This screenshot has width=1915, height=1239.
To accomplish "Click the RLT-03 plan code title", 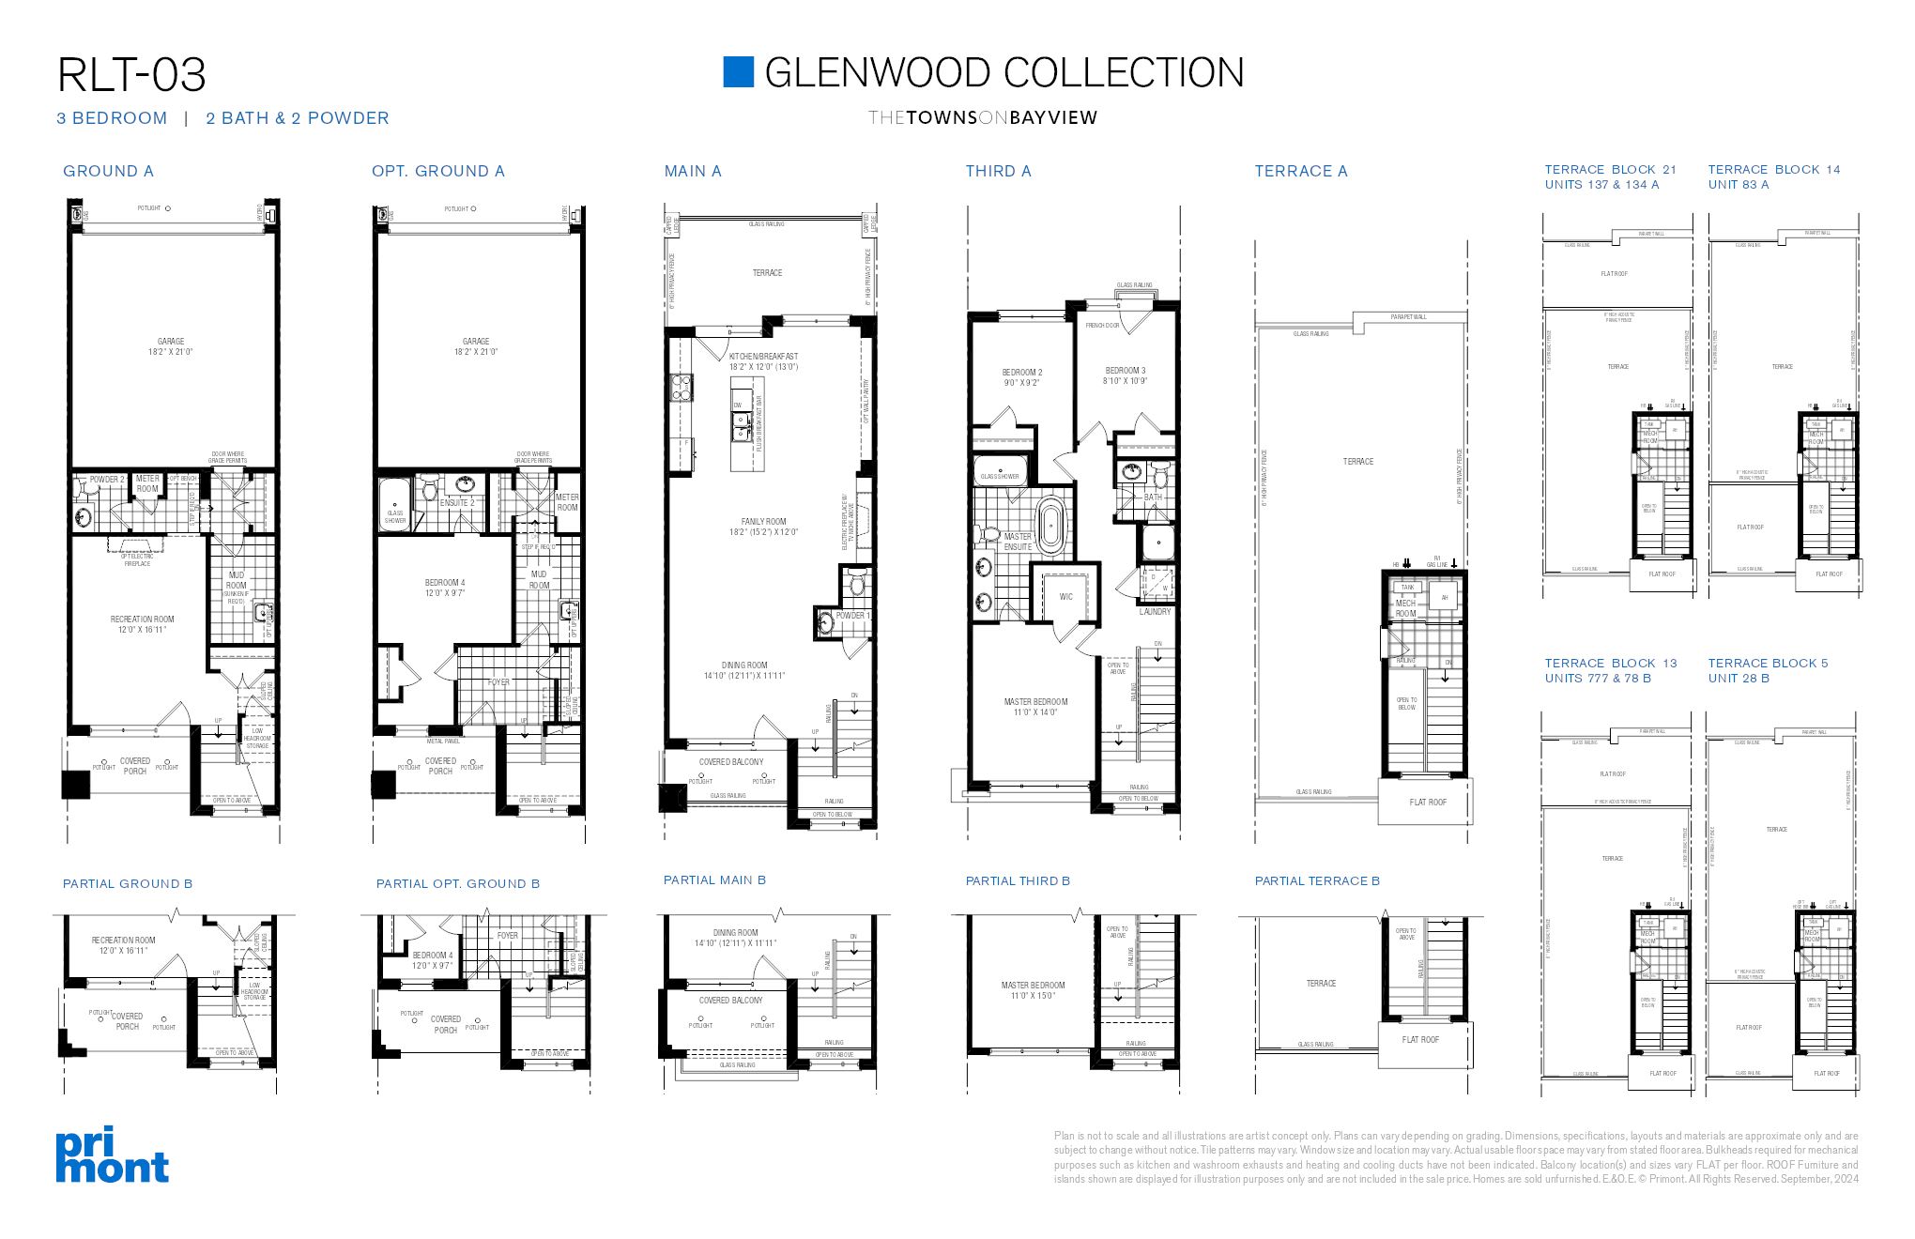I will click(131, 75).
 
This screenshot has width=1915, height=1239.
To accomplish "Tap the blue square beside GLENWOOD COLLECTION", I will click(738, 72).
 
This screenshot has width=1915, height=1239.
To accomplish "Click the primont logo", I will click(112, 1155).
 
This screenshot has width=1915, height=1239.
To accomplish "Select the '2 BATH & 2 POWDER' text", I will click(297, 118).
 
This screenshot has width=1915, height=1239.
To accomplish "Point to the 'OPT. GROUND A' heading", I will click(437, 171).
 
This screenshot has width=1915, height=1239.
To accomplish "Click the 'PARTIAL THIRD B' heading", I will click(1018, 880).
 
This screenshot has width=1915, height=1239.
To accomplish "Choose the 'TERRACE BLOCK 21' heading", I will click(1610, 170).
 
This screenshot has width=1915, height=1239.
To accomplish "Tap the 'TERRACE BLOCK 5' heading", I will click(1768, 663).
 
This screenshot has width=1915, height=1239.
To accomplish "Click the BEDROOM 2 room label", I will click(1021, 373).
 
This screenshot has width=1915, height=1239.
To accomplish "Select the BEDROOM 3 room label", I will click(1125, 371).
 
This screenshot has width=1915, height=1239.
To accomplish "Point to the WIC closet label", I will click(1065, 596).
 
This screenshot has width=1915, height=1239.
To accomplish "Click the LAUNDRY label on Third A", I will click(1155, 611).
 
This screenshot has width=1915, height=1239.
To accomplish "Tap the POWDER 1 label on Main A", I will click(852, 616).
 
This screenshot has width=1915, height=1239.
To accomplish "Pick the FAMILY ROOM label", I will click(763, 522).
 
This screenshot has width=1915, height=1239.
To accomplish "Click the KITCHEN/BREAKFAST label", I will click(763, 357).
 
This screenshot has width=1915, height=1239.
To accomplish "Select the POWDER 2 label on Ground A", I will click(107, 480).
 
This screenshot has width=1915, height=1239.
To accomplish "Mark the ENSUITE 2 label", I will click(456, 503).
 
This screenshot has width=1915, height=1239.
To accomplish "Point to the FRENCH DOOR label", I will click(1102, 326).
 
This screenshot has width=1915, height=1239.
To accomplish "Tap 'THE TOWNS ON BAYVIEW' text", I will click(982, 118).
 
